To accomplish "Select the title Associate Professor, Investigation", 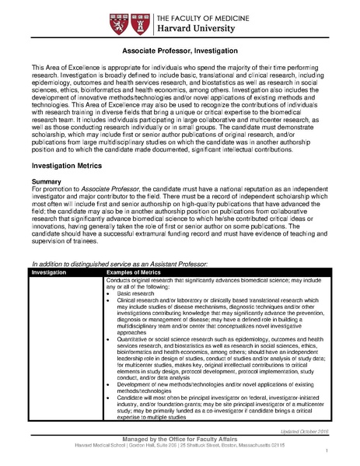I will pyautogui.click(x=180, y=50).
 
